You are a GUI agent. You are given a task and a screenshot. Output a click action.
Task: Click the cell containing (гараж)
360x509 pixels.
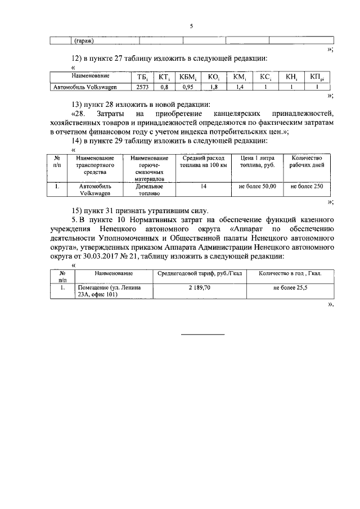click(x=84, y=40)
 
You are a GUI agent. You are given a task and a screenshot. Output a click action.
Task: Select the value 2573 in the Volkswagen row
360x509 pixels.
click(x=142, y=87)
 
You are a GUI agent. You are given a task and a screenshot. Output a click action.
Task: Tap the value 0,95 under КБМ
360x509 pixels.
click(x=188, y=87)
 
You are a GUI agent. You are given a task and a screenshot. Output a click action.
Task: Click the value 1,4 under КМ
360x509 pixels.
click(x=238, y=87)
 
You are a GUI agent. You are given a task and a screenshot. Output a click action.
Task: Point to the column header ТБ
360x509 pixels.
click(x=142, y=76)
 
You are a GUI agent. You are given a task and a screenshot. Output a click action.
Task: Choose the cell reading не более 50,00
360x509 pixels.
click(x=257, y=186)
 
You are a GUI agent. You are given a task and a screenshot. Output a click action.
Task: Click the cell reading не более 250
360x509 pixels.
click(x=307, y=186)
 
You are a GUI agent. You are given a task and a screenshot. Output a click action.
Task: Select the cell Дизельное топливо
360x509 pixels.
click(x=150, y=190)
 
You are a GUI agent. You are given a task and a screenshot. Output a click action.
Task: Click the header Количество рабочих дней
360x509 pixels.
click(x=307, y=163)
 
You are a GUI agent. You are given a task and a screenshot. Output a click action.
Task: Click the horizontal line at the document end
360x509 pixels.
click(x=202, y=335)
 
